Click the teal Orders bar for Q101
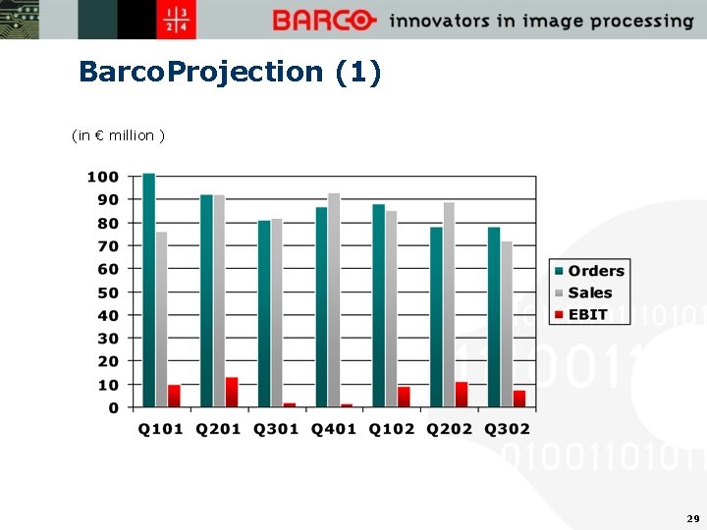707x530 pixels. (149, 291)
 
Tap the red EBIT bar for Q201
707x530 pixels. (232, 392)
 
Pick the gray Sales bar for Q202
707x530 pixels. (449, 304)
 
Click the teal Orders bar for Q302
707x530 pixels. (494, 317)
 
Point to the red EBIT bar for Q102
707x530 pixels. (404, 397)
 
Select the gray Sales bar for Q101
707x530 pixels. (161, 319)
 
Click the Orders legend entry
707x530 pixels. (588, 271)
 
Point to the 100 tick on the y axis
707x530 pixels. (103, 177)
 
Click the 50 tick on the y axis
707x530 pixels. (107, 292)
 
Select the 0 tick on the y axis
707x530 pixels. (114, 407)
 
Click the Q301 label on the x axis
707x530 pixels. (275, 429)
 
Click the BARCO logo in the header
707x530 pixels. (324, 20)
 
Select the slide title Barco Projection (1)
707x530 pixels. (230, 72)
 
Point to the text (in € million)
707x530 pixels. (118, 135)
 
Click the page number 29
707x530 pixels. (693, 517)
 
